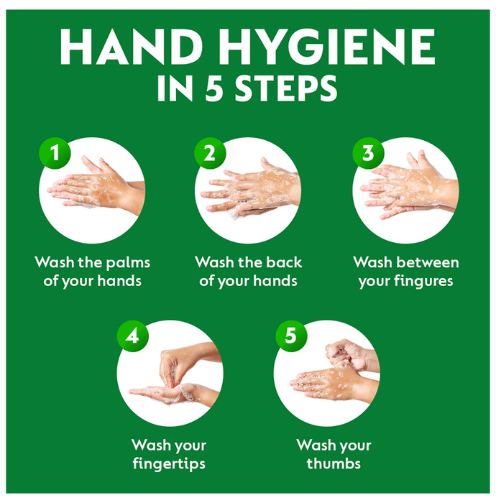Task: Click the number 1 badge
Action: pyautogui.click(x=55, y=153)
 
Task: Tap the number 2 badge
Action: pyautogui.click(x=210, y=153)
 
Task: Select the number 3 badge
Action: pyautogui.click(x=368, y=153)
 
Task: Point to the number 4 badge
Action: pyautogui.click(x=133, y=336)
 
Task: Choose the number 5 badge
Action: pyautogui.click(x=291, y=336)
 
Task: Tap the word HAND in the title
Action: pyautogui.click(x=131, y=47)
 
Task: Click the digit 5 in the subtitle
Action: pyautogui.click(x=214, y=88)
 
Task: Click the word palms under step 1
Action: pyautogui.click(x=128, y=264)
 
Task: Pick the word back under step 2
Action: pyautogui.click(x=284, y=262)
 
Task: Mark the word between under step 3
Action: pyautogui.click(x=428, y=262)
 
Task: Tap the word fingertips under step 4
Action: pyautogui.click(x=169, y=464)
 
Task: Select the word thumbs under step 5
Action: pyautogui.click(x=334, y=463)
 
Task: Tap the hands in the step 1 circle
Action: pyautogui.click(x=96, y=186)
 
